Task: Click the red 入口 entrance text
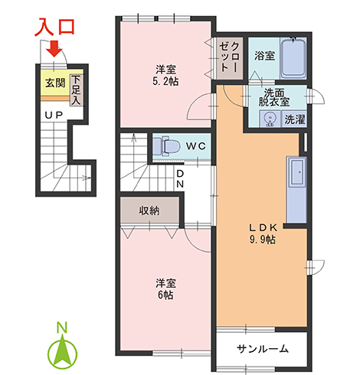tap(54, 27)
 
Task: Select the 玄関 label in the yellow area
tap(55, 83)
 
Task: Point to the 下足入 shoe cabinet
tap(76, 90)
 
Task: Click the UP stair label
tap(54, 116)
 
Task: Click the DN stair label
tap(180, 179)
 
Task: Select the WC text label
tap(196, 146)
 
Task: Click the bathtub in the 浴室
tap(293, 58)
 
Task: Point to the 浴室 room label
tap(264, 55)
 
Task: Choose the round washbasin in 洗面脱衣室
tap(270, 119)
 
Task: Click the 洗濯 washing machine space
tap(295, 119)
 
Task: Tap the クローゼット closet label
tap(230, 57)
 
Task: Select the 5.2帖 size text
tap(165, 81)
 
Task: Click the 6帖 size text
tap(165, 295)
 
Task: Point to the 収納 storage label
tap(149, 210)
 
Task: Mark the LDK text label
tap(263, 227)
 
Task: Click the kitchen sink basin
tap(297, 172)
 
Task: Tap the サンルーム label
tap(263, 349)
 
